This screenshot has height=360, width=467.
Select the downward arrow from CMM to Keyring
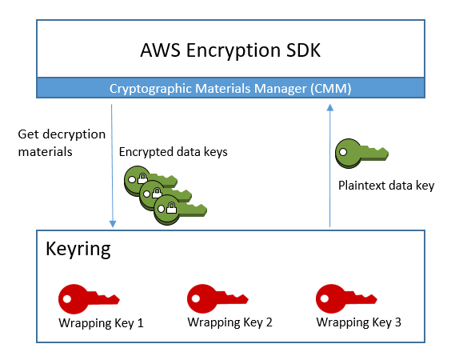[x=112, y=160]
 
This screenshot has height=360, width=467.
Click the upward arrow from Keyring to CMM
[x=329, y=168]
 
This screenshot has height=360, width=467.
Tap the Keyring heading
[x=78, y=249]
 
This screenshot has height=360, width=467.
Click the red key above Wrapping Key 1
[x=89, y=301]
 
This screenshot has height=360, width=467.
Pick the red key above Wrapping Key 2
[x=218, y=301]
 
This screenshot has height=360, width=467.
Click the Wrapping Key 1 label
[x=101, y=323]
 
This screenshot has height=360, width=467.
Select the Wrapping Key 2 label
[x=230, y=323]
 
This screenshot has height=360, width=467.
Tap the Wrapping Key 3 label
[x=359, y=323]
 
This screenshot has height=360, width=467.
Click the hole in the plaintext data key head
[x=344, y=150]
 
